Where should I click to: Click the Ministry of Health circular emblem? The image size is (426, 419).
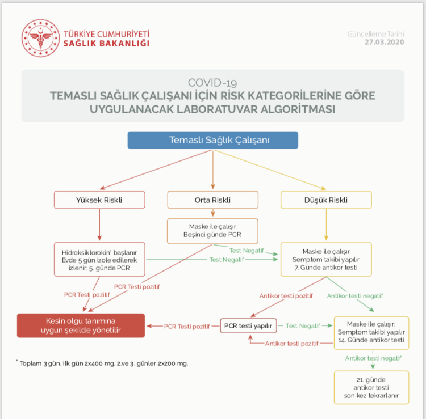point(40,38)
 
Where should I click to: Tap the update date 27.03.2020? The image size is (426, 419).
point(384,42)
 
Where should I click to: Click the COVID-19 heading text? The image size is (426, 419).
point(212,83)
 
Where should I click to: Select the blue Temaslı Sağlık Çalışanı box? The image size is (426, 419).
point(213,140)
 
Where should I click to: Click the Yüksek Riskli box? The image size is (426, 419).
point(99,200)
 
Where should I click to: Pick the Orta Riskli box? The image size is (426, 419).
point(213,200)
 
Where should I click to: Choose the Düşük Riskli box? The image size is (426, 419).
point(326,200)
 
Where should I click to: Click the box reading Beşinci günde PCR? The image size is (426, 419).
point(212,231)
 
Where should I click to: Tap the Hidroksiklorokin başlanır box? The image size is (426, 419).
point(99,260)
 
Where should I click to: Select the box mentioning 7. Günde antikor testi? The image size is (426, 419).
point(326,260)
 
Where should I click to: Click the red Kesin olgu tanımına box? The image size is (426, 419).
point(81,325)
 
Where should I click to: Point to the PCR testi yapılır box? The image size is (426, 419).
point(248,325)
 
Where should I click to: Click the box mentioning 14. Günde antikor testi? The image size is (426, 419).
point(371,332)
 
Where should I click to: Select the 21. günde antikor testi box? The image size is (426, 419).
point(371,388)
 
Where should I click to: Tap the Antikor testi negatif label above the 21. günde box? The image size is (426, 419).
point(373,358)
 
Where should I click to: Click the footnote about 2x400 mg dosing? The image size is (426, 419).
point(102,363)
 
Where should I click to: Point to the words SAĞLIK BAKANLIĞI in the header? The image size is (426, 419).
point(107,44)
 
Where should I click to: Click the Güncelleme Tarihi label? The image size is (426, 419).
point(375,34)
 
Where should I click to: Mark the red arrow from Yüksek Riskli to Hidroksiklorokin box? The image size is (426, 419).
point(99,225)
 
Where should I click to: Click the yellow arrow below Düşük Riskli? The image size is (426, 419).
point(326,225)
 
